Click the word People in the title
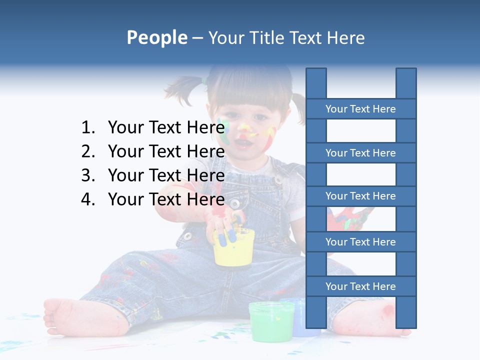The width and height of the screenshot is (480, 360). tap(156, 38)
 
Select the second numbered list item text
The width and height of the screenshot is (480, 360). tap(166, 151)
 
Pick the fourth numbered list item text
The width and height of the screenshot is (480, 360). tap(166, 199)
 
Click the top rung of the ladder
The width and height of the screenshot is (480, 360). tap(360, 109)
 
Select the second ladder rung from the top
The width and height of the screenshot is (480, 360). tap(360, 153)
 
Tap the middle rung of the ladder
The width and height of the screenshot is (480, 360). tap(360, 196)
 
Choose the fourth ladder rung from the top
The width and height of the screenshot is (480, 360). tap(360, 242)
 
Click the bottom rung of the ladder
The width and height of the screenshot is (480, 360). tap(360, 286)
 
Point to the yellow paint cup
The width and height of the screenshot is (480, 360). tap(233, 250)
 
